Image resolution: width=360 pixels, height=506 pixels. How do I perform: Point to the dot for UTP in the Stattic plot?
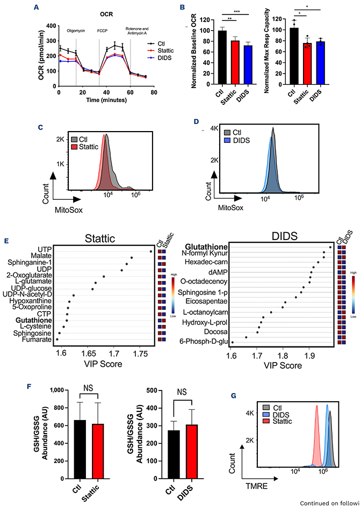coord(152,251)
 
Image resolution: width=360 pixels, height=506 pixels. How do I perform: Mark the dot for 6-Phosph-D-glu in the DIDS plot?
coord(232,342)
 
